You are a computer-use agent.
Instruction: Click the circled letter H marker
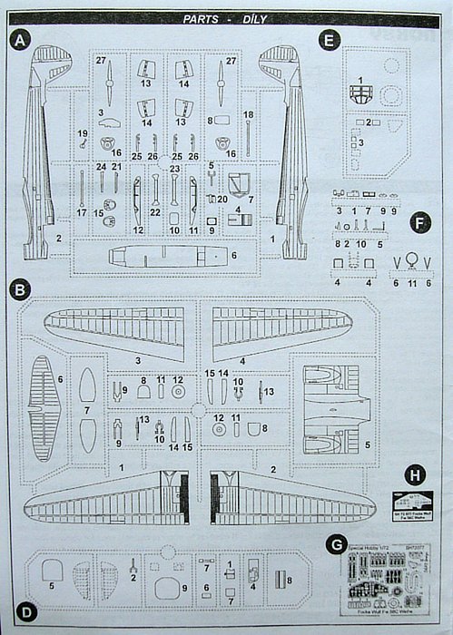tap(416, 474)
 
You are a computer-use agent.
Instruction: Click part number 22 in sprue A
tap(155, 212)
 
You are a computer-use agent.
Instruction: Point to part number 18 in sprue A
tap(249, 114)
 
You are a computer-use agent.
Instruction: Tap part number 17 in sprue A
tap(82, 212)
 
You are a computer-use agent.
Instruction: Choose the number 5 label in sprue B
tap(366, 446)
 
